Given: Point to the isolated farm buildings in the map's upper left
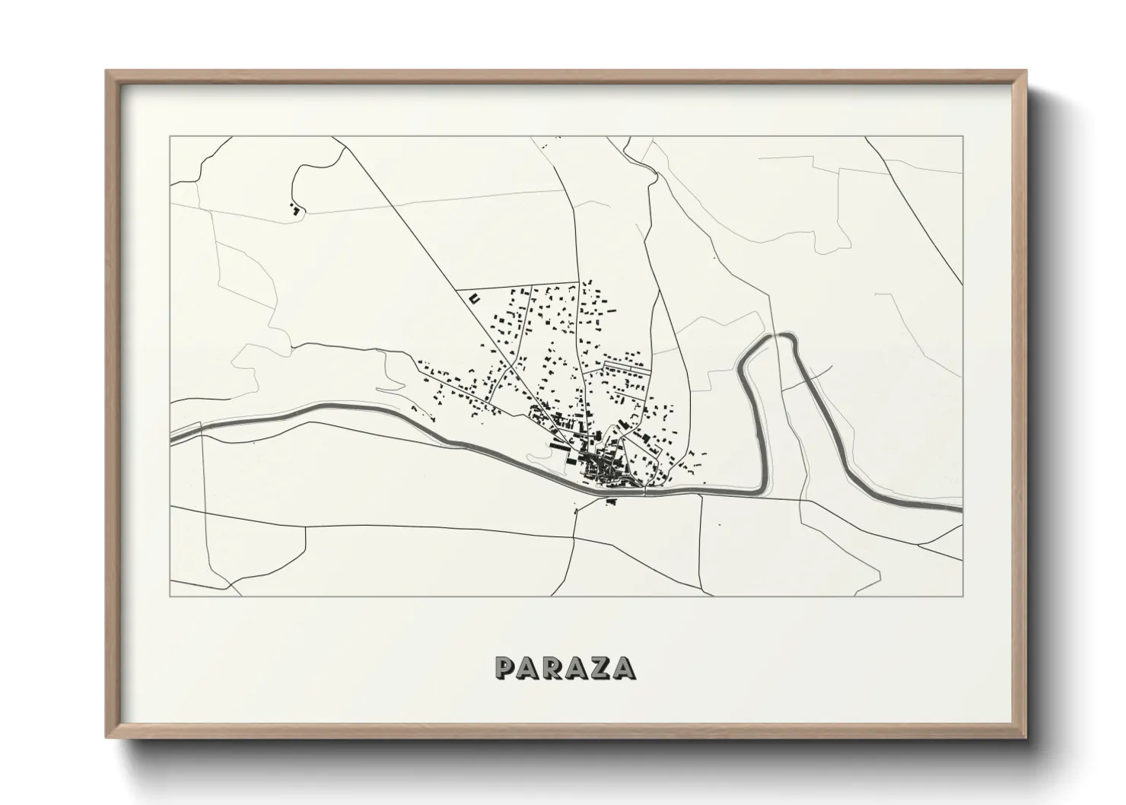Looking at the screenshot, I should [x=294, y=206].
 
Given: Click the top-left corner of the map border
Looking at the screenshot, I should [x=170, y=137].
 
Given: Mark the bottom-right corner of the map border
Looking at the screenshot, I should [x=962, y=597].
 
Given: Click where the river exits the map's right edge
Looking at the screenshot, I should [x=961, y=508].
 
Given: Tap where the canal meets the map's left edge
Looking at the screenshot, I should [x=171, y=438].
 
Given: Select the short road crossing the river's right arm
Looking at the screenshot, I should [x=814, y=374].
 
